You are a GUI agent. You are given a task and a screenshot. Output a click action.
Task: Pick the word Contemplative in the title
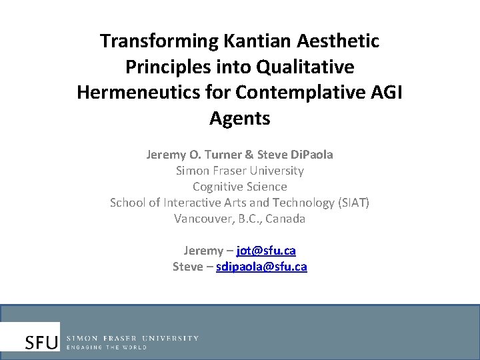coord(299,93)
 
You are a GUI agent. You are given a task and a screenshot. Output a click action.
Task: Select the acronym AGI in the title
coord(385,93)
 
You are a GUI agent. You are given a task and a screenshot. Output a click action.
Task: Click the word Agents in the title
coord(239,119)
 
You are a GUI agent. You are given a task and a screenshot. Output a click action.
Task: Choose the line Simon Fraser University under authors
coord(239,171)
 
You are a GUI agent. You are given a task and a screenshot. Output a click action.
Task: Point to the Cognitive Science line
coord(239,187)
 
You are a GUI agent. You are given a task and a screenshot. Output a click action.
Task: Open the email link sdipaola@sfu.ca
coord(261,267)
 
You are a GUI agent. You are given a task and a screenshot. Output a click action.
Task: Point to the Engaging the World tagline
coord(107,347)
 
